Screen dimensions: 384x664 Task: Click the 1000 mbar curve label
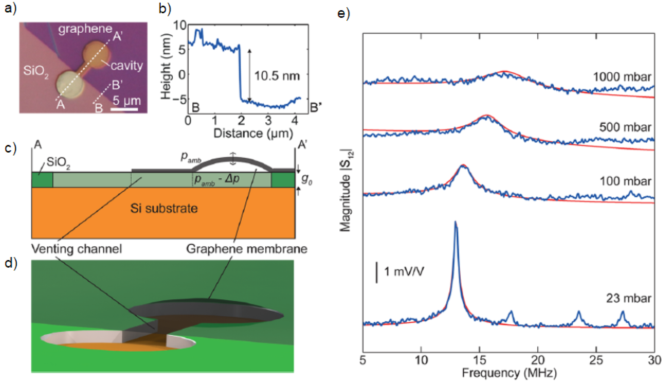tap(622, 77)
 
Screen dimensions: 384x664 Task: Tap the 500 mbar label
tap(625, 127)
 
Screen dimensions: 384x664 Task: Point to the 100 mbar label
tap(625, 181)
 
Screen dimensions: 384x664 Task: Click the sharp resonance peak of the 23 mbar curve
tap(455, 224)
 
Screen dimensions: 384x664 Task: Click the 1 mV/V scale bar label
tap(404, 271)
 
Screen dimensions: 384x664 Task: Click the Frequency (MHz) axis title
tap(509, 373)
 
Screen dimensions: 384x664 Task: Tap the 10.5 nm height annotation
tap(277, 76)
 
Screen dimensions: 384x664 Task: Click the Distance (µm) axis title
tap(253, 133)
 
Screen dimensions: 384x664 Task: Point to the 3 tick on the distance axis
tap(268, 121)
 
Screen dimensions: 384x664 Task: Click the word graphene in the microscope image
tap(85, 29)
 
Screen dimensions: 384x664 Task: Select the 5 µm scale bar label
tap(127, 101)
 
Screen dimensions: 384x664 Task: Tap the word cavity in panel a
tap(127, 66)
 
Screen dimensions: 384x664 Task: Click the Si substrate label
tap(164, 208)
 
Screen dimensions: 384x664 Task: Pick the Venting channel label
tap(76, 249)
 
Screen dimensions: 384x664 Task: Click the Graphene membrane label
tap(247, 249)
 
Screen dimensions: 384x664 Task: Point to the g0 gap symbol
tap(306, 180)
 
